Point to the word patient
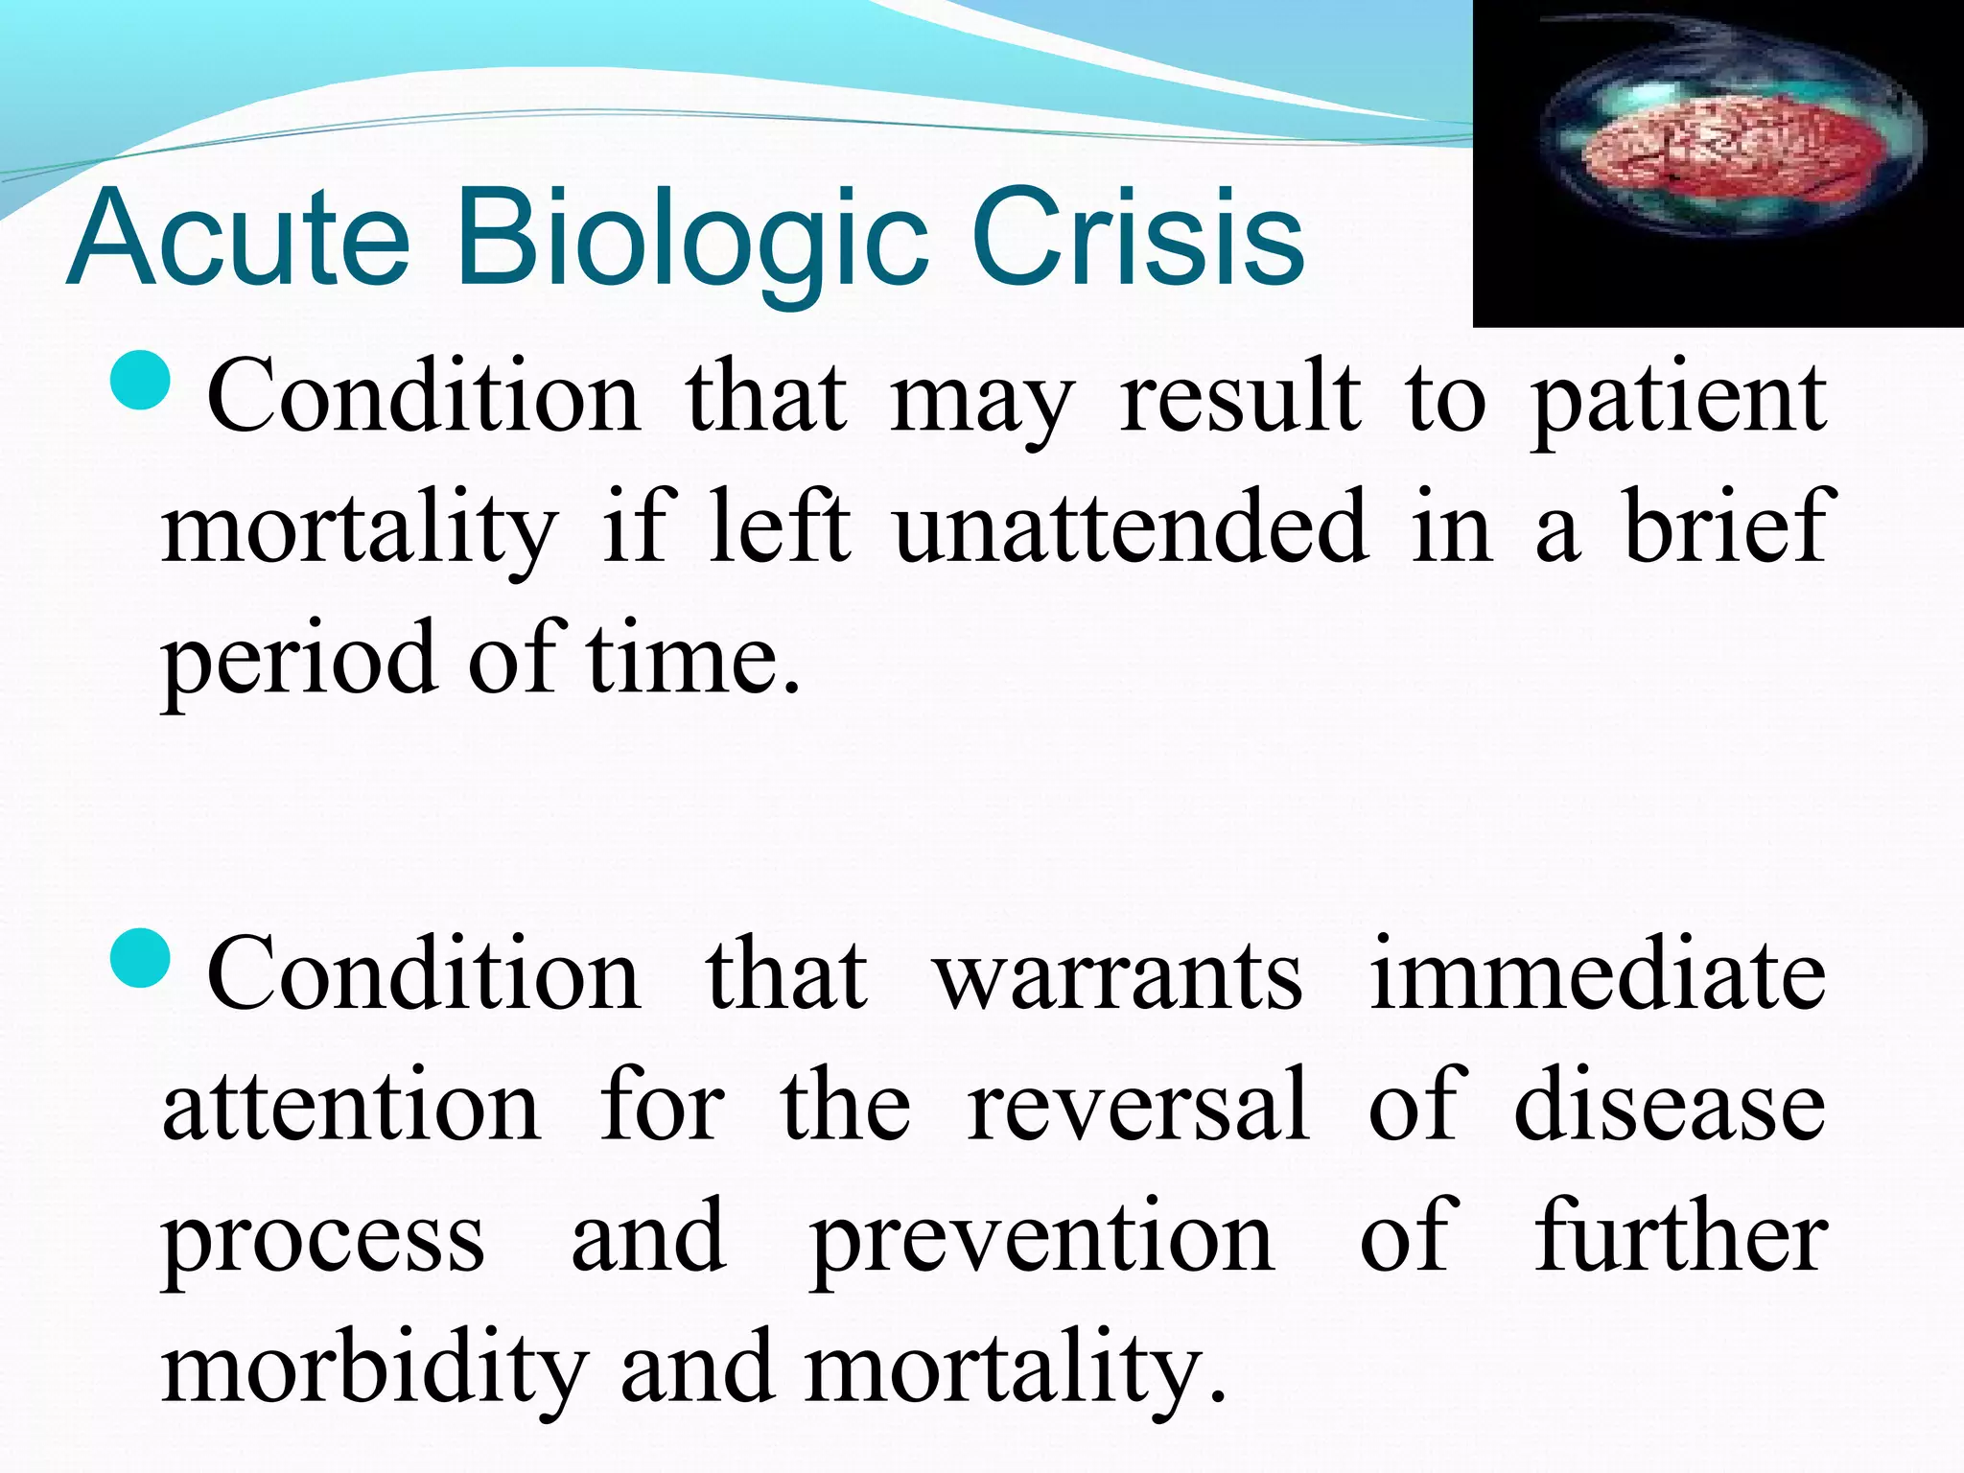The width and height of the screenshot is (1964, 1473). click(1678, 398)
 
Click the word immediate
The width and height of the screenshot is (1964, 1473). click(1598, 975)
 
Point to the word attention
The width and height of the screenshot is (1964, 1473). click(351, 1108)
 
